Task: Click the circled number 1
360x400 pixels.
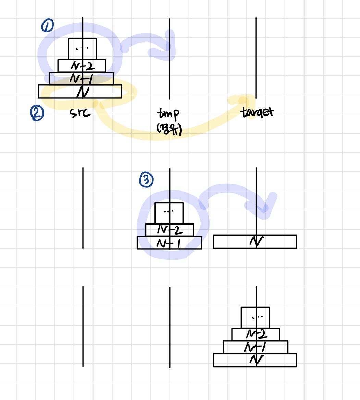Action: click(47, 25)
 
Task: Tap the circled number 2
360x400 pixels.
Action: click(37, 113)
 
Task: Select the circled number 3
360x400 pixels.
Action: click(147, 180)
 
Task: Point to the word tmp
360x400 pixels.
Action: click(169, 113)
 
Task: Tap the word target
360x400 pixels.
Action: click(257, 112)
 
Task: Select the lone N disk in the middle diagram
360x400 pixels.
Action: click(255, 242)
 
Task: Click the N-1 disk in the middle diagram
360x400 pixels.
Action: click(169, 243)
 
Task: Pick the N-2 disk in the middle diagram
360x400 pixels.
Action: click(169, 230)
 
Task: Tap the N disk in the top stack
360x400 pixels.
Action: click(80, 92)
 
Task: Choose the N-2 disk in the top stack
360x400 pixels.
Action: click(82, 65)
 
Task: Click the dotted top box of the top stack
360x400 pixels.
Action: click(82, 49)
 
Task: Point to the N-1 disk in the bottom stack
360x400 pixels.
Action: click(256, 347)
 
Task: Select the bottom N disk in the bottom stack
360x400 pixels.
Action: click(255, 360)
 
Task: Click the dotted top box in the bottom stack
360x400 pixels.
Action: click(255, 317)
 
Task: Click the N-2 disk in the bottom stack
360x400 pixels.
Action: click(256, 334)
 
